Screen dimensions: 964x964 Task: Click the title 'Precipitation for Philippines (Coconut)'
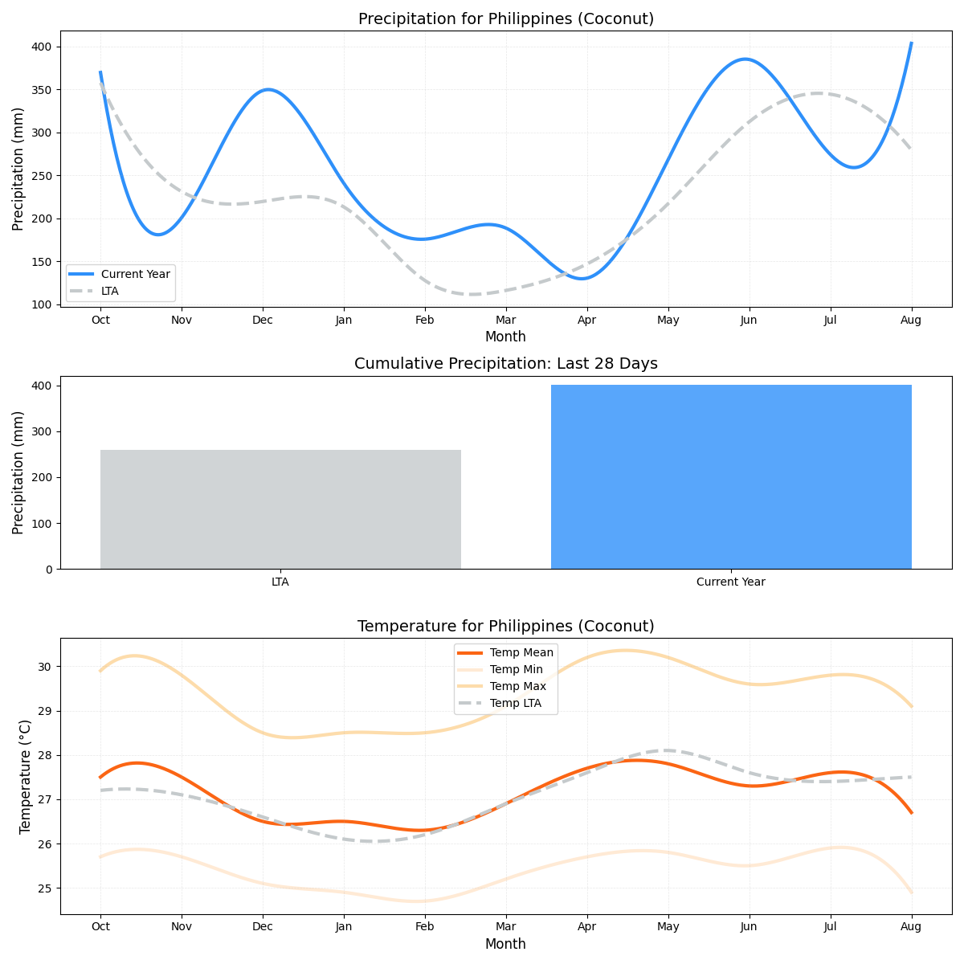pos(505,18)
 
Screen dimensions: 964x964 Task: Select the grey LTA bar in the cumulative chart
pos(280,509)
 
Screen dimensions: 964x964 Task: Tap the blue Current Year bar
pos(731,477)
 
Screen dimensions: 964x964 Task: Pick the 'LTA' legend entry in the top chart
pos(109,291)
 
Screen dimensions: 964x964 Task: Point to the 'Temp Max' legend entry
pos(517,686)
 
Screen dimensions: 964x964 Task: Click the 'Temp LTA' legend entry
pos(515,703)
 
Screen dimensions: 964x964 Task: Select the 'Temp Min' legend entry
pos(516,669)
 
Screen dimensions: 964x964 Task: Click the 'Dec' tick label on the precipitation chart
pos(263,320)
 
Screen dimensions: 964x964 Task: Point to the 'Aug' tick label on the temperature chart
pos(911,927)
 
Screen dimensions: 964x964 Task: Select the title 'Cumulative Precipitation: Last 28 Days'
pos(505,364)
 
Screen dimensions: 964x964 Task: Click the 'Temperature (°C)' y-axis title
pos(26,776)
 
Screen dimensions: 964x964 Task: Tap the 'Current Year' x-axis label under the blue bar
pos(731,582)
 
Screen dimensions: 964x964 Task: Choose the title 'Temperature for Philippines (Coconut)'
pos(505,626)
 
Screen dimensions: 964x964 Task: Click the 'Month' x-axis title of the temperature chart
pos(505,944)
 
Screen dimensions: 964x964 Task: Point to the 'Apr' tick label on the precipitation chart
pos(587,320)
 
